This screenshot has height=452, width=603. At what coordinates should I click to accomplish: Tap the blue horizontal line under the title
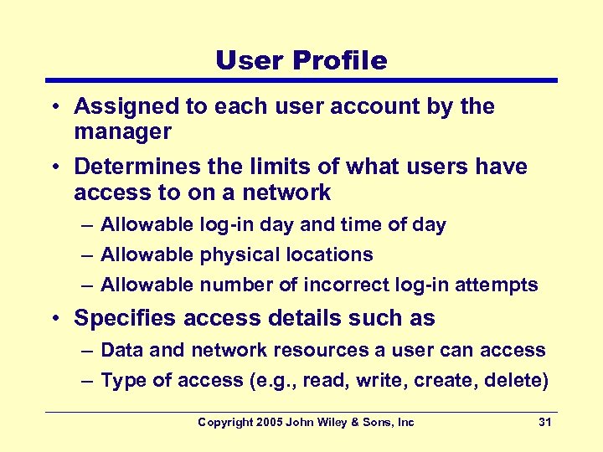301,80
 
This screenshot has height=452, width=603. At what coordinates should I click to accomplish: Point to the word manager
122,131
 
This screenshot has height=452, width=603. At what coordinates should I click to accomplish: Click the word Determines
126,167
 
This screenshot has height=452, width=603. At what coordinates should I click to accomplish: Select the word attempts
497,285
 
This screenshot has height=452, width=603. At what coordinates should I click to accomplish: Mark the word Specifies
125,318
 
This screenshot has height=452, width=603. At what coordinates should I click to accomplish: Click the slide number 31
544,422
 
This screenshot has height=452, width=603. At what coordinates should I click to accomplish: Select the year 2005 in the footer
268,422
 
